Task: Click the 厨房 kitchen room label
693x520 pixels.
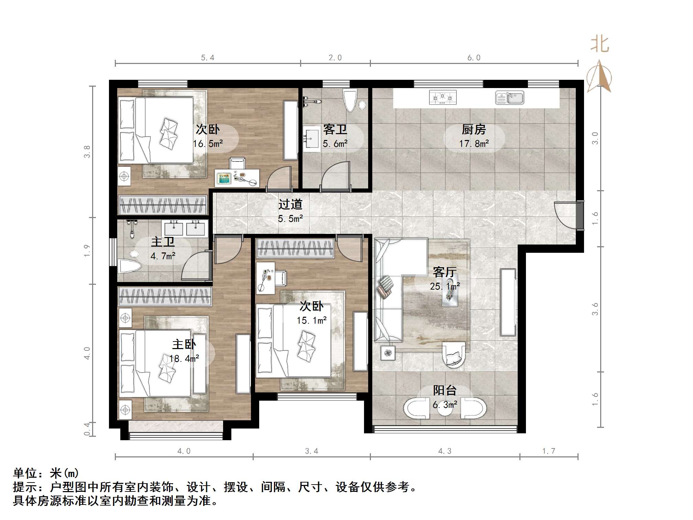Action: (x=474, y=130)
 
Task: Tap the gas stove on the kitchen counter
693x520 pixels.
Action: (x=443, y=98)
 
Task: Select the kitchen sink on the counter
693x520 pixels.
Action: (x=509, y=98)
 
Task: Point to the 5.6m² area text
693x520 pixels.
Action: (x=335, y=144)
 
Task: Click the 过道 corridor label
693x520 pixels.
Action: (x=290, y=204)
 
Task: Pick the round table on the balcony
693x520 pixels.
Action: (x=445, y=409)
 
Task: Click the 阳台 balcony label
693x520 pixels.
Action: (x=445, y=390)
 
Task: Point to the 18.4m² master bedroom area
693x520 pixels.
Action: (x=184, y=359)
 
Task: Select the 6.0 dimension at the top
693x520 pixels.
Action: (x=474, y=58)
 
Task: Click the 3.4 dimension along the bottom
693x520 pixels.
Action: (x=311, y=451)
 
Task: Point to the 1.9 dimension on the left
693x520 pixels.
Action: (x=87, y=250)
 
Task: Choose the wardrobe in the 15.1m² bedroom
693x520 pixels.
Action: (x=296, y=248)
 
